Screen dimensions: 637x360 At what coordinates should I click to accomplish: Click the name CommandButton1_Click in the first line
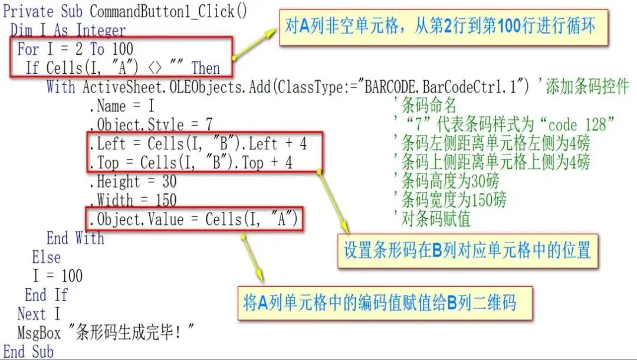pyautogui.click(x=168, y=11)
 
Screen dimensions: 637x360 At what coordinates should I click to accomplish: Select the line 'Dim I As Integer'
pyautogui.click(x=68, y=30)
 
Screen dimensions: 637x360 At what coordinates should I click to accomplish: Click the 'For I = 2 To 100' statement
pyautogui.click(x=75, y=48)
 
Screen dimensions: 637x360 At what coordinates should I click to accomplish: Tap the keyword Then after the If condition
pyautogui.click(x=205, y=68)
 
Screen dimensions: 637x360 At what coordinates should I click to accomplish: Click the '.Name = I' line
pyautogui.click(x=122, y=106)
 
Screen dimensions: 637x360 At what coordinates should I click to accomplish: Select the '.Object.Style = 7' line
pyautogui.click(x=150, y=125)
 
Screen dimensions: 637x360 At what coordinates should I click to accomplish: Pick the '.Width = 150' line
pyautogui.click(x=132, y=201)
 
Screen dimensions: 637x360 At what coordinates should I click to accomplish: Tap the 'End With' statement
pyautogui.click(x=75, y=238)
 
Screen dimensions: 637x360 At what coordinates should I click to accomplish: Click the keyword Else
pyautogui.click(x=46, y=257)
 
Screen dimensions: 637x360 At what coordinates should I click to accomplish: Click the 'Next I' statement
pyautogui.click(x=39, y=314)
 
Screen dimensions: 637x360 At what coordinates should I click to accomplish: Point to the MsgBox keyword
pyautogui.click(x=39, y=333)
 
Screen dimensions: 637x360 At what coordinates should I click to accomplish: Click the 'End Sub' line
pyautogui.click(x=28, y=352)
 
